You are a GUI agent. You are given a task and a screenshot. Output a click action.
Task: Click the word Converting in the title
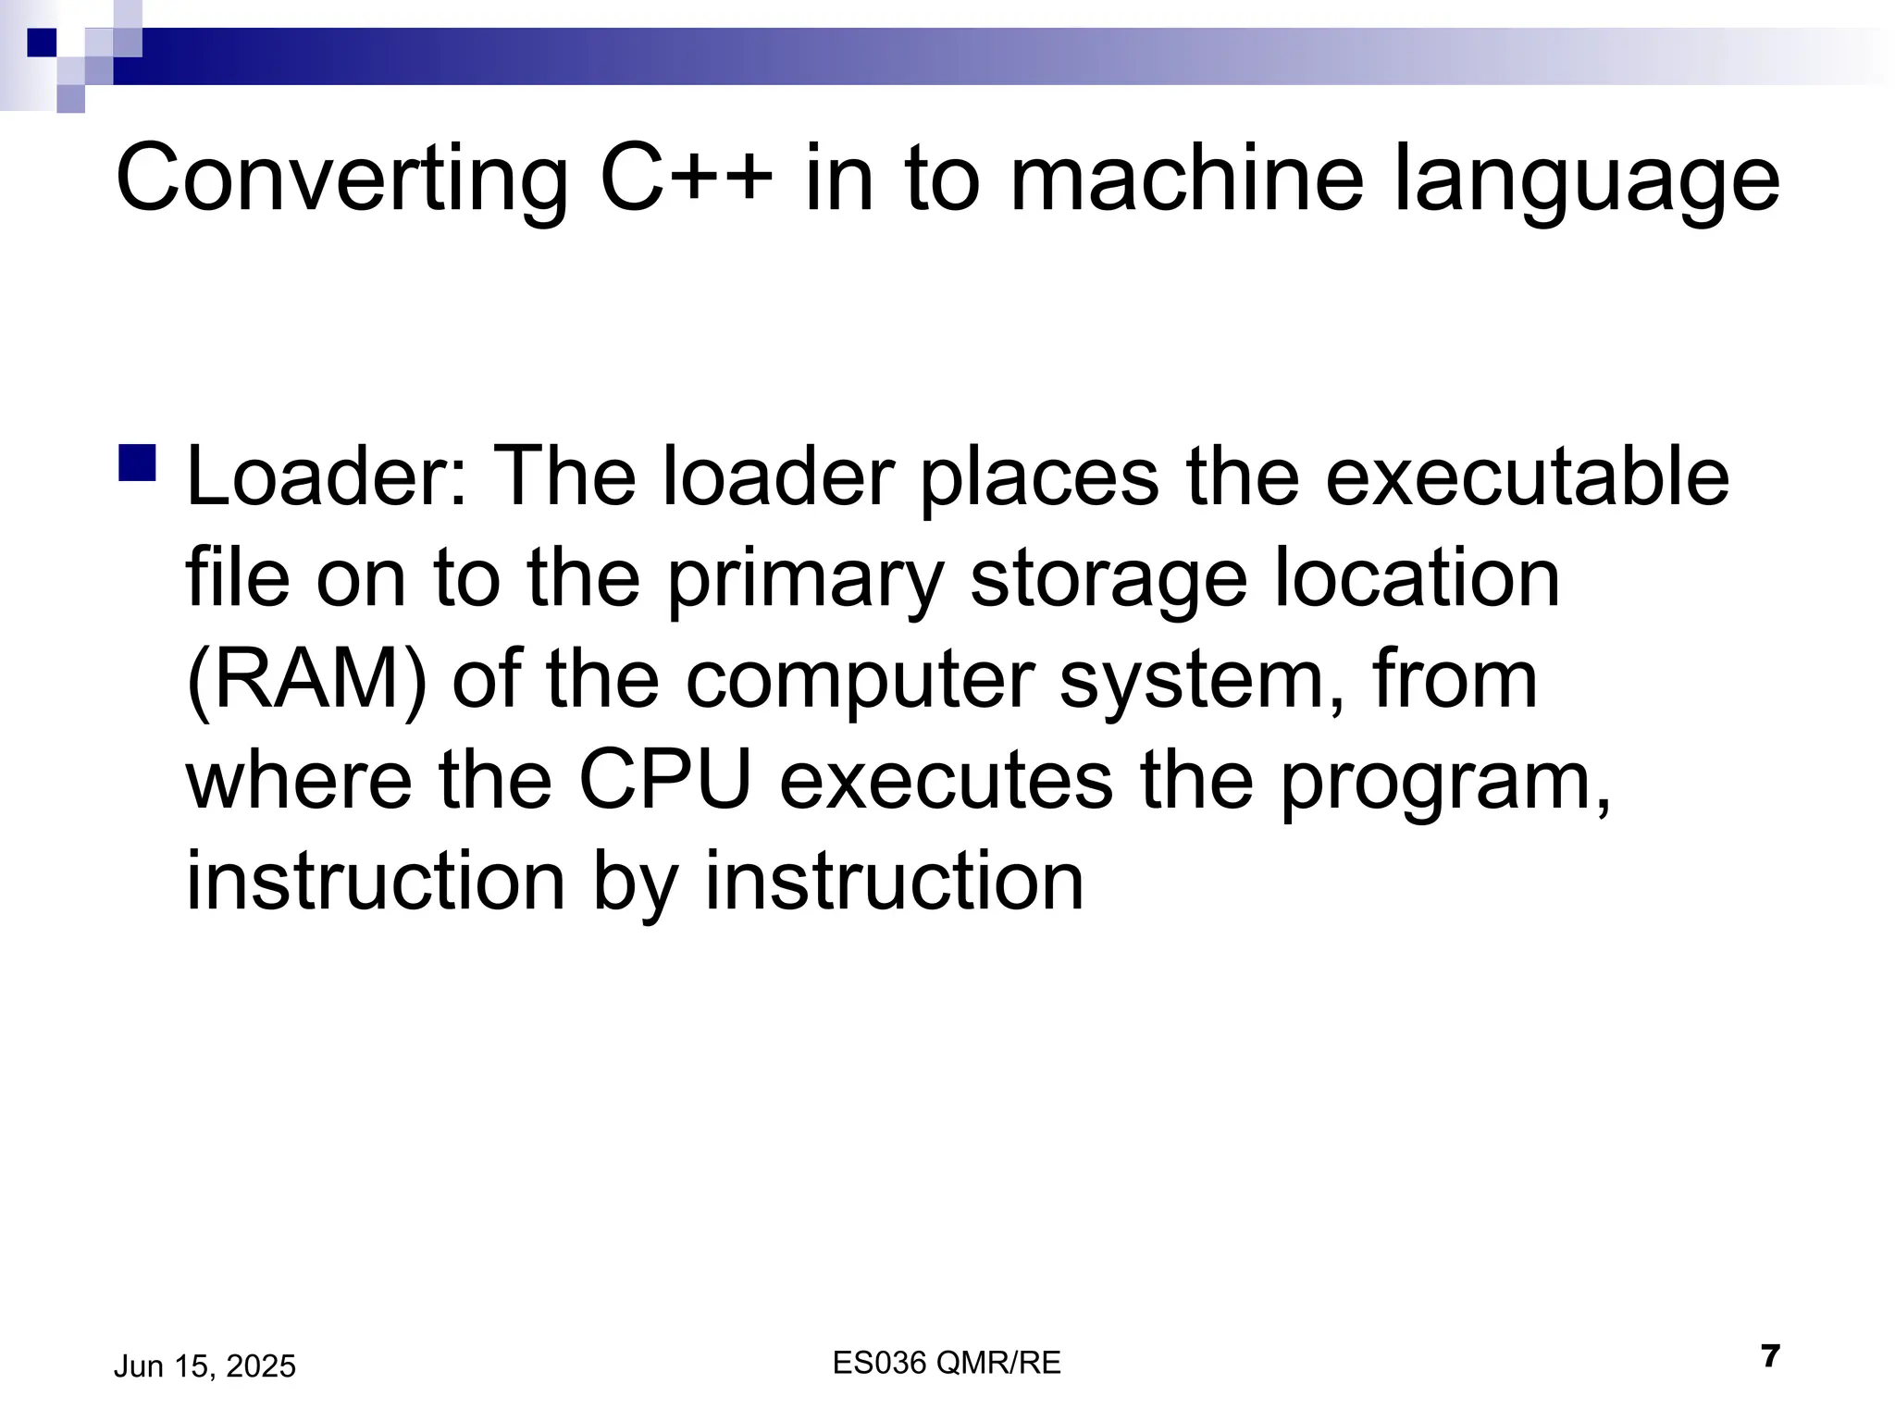pos(341,179)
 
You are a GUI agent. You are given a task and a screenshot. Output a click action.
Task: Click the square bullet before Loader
pos(136,462)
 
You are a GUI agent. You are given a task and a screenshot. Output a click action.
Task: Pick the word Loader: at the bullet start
pos(328,477)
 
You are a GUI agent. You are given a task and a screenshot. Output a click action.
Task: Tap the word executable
pos(1527,477)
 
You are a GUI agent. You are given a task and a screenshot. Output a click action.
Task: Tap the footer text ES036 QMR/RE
pos(947,1363)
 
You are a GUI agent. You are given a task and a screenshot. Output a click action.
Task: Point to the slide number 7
pos(1770,1357)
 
